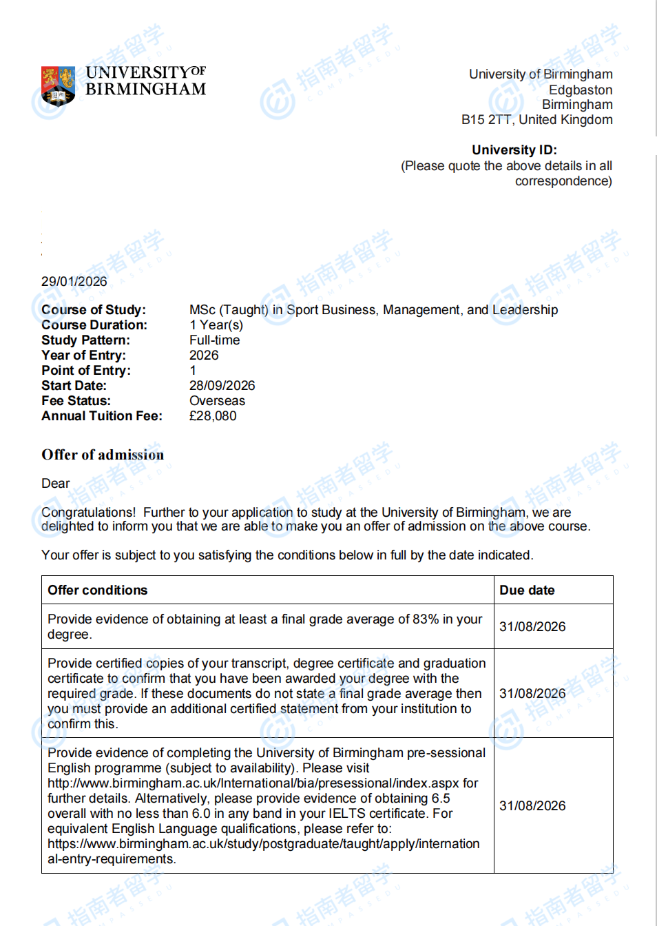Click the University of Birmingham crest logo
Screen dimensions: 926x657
pos(58,85)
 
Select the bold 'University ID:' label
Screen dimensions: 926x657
pos(514,150)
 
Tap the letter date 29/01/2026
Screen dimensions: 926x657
pos(74,282)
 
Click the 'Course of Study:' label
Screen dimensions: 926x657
pos(94,310)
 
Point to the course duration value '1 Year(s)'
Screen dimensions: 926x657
pos(216,325)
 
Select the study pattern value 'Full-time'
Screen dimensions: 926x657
pos(215,340)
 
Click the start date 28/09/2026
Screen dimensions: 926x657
pos(222,386)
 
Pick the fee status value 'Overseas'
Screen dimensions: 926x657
pos(217,401)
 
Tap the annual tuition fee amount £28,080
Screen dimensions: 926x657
pos(213,416)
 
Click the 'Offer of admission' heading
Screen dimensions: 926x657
pos(103,455)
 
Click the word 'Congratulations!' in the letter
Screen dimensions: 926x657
pos(89,513)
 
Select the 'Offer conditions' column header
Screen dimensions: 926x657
pos(98,590)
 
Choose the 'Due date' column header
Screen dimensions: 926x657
pos(527,590)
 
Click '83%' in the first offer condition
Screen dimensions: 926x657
pos(426,619)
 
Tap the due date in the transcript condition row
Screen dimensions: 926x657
pos(532,694)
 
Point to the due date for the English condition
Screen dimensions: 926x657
pos(532,806)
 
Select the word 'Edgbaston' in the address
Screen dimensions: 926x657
pos(580,90)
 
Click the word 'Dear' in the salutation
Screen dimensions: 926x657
pos(56,484)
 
